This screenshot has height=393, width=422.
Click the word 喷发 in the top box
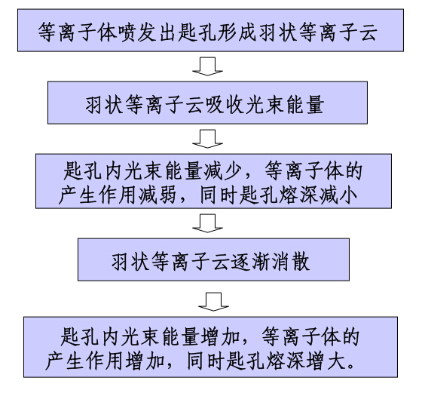coord(138,32)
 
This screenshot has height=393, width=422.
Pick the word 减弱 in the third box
coord(157,195)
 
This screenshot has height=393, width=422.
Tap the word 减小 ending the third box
coord(338,195)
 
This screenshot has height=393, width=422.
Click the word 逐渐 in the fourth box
coord(250,262)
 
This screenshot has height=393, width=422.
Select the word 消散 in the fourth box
coord(290,262)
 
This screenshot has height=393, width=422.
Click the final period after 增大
coord(350,367)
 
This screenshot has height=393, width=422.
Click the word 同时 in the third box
coord(219,195)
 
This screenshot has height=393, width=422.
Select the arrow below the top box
coord(207,66)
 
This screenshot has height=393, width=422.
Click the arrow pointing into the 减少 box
coord(207,139)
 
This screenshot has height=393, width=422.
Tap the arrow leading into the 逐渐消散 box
coord(207,223)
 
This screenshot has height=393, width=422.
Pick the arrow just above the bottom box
coord(213,302)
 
